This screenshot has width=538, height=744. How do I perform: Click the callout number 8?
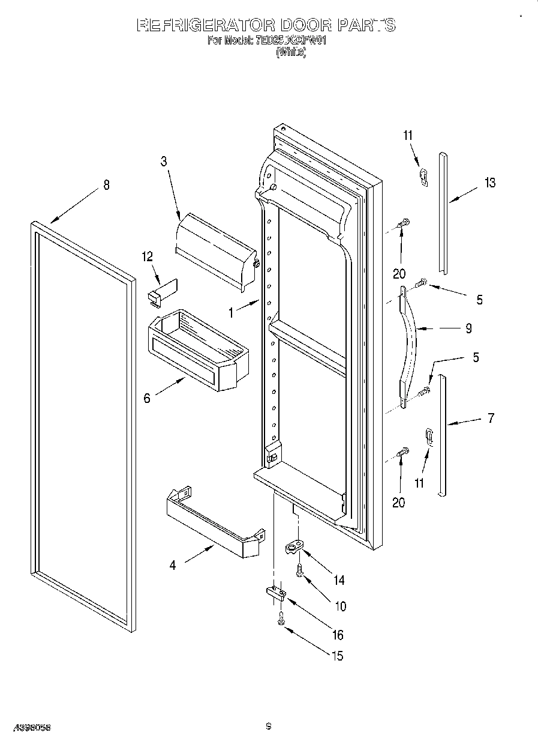(106, 185)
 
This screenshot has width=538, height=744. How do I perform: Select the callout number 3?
(163, 161)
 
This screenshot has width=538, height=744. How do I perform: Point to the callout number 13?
(490, 183)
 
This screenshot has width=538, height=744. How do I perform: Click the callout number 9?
(468, 328)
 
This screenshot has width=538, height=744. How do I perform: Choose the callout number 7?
(491, 418)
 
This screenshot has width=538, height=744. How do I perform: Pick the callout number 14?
(339, 580)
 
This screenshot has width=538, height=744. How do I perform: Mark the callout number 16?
(338, 635)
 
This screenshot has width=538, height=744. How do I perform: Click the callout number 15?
(338, 656)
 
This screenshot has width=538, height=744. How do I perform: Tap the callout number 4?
(173, 565)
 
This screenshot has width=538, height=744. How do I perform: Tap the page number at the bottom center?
(269, 727)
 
